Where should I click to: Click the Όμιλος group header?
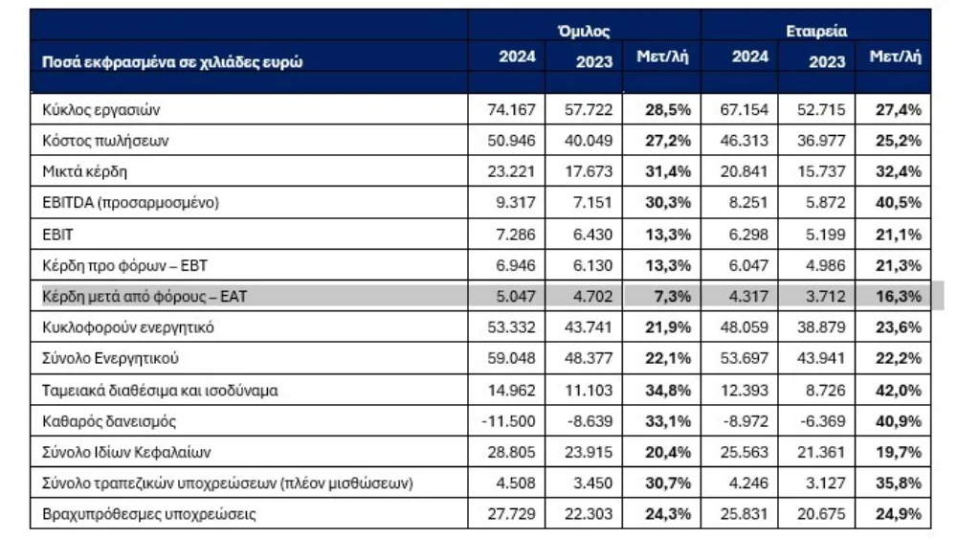[584, 31]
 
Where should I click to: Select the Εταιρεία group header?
[816, 31]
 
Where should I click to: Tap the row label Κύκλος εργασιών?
[100, 110]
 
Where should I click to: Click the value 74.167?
[511, 110]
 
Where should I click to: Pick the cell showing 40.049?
[589, 141]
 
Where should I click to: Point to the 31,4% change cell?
[668, 171]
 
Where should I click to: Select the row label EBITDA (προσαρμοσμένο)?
[130, 203]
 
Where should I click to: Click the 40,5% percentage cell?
[899, 203]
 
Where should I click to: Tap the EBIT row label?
[57, 235]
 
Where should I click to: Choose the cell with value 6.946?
[516, 265]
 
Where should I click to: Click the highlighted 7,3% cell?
[674, 297]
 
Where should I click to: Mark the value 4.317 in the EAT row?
[748, 297]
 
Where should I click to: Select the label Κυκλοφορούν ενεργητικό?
[128, 327]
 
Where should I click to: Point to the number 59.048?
[511, 358]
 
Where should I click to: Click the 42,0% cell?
[899, 390]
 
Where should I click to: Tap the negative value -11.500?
[508, 421]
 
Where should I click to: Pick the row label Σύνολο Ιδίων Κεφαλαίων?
[126, 452]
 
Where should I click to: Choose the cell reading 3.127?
[826, 483]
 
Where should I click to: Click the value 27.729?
[511, 514]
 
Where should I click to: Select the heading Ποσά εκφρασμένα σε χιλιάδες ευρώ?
[172, 61]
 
